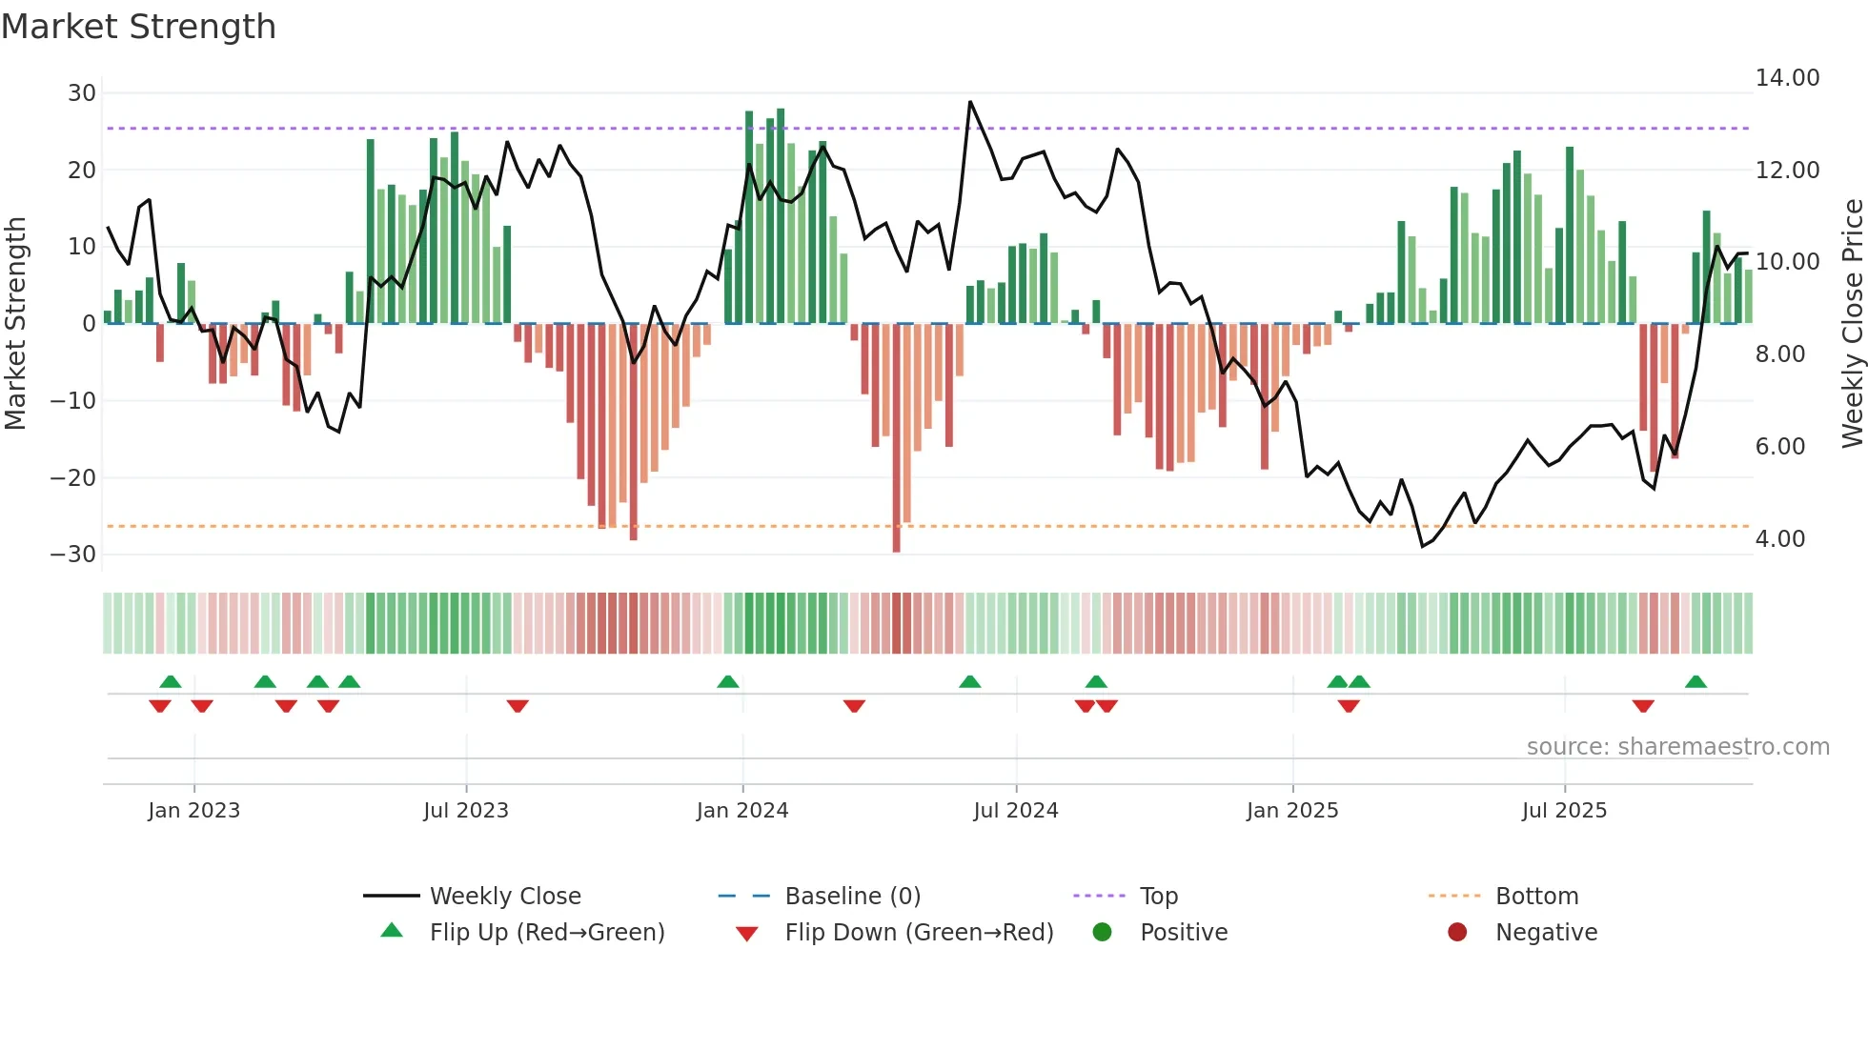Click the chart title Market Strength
click(138, 27)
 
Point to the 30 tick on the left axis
click(82, 93)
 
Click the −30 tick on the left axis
click(74, 555)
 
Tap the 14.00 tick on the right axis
click(1787, 78)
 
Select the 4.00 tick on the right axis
click(1779, 539)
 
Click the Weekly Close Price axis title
click(1852, 324)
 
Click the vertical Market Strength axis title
click(15, 324)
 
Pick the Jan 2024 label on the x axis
click(742, 811)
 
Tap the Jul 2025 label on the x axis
click(1564, 811)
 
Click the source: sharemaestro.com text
click(1677, 747)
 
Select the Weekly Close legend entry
click(504, 897)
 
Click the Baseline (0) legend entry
click(852, 897)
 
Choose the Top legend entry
click(1158, 897)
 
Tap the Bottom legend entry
click(1536, 897)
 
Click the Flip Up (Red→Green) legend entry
click(546, 933)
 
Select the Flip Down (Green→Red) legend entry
click(919, 933)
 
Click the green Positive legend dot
click(1103, 933)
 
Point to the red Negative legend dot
click(1457, 933)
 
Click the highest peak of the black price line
click(970, 102)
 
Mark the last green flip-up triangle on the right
click(1695, 682)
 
